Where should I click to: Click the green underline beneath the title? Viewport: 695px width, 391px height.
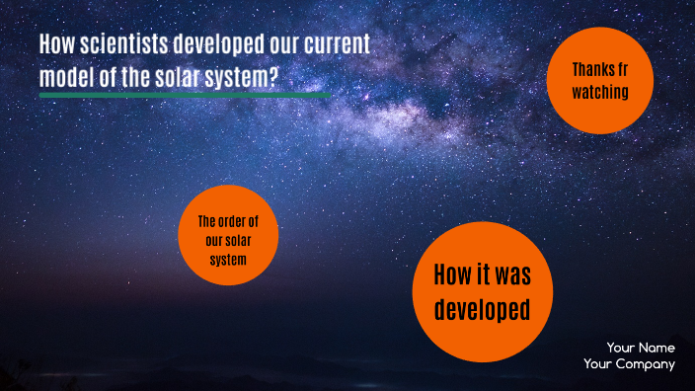185,96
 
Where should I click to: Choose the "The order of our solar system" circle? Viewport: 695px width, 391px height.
228,235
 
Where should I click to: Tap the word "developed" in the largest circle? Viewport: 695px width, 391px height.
483,309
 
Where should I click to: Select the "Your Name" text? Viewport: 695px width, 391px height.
641,348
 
